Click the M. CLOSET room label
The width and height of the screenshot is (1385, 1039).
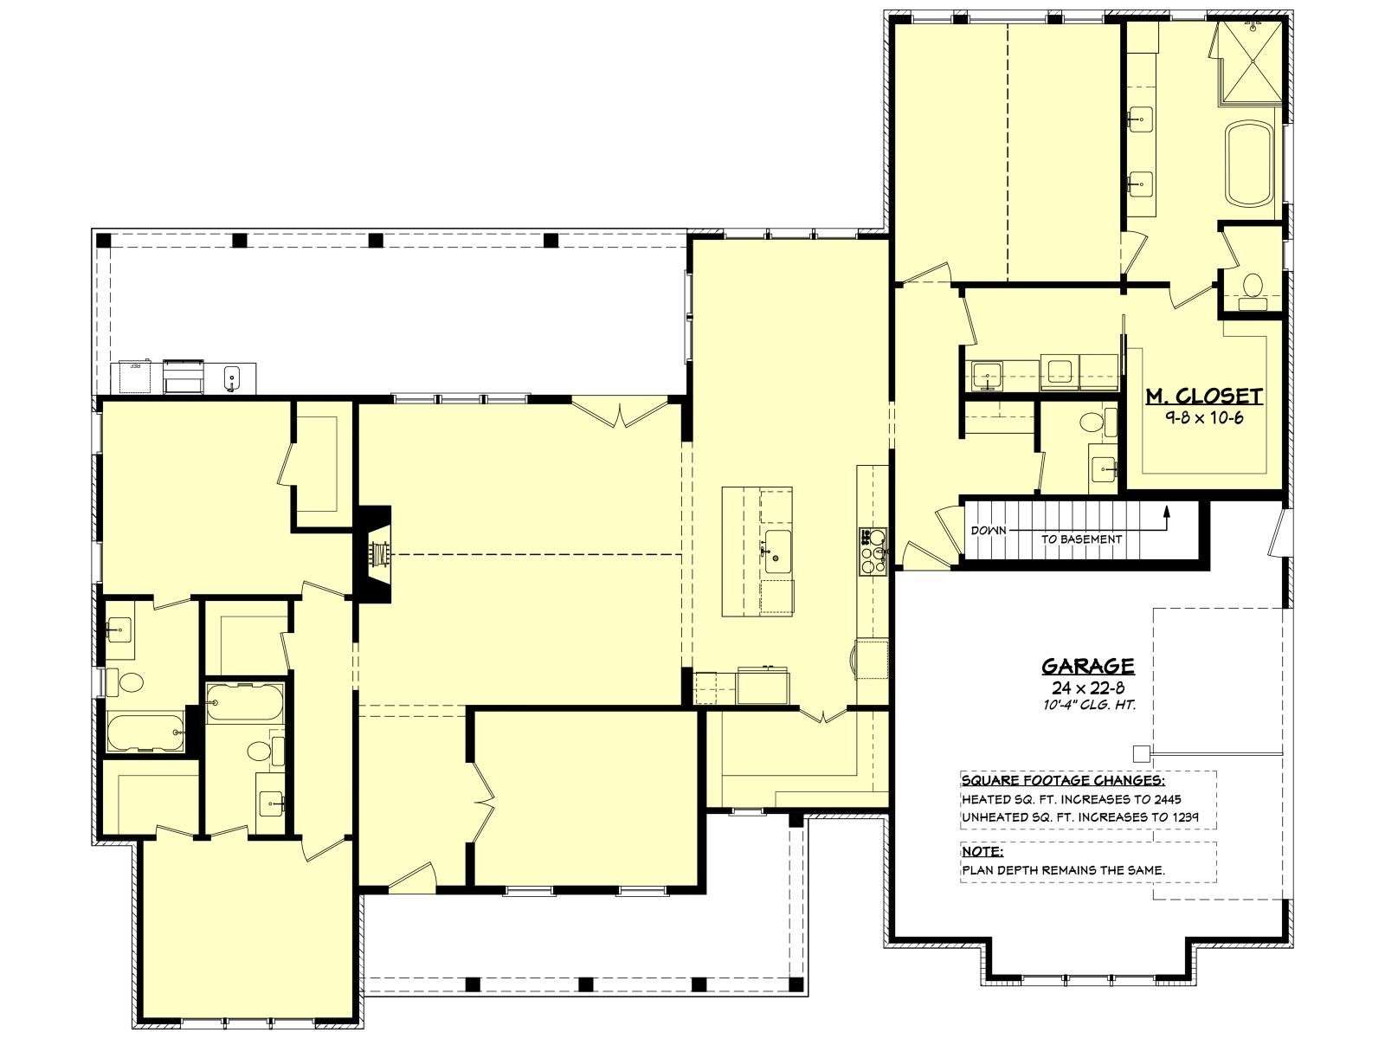[x=1204, y=397]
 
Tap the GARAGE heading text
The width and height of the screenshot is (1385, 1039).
[x=1088, y=666]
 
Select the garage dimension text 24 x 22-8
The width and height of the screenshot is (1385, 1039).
[x=1088, y=687]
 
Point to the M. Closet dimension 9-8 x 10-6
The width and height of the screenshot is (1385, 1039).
[x=1205, y=417]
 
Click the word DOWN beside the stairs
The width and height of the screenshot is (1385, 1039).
[x=989, y=531]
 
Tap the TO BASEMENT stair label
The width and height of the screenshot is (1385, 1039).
[x=1081, y=539]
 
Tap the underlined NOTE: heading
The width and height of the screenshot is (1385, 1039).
[x=982, y=852]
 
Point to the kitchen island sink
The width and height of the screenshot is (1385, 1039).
[x=777, y=552]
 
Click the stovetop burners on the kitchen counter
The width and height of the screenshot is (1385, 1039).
[x=873, y=552]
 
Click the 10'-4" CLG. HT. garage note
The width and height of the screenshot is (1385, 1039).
[x=1089, y=706]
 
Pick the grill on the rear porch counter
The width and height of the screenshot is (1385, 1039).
[x=184, y=376]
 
